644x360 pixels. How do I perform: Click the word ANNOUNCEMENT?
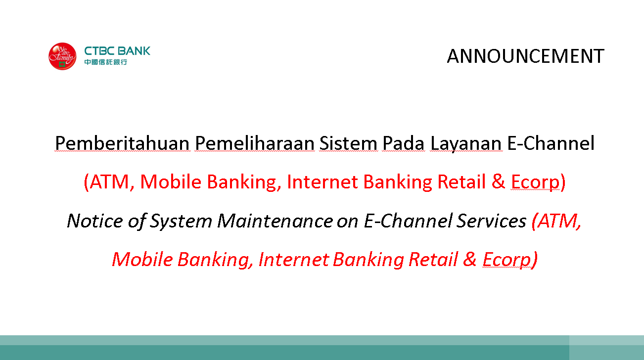coord(526,56)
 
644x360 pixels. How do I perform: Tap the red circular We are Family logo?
coord(62,56)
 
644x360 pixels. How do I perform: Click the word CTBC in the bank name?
coord(99,51)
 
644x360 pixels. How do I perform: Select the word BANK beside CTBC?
coord(134,51)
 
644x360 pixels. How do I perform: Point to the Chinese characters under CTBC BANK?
coord(105,62)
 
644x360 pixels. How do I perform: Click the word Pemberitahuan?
coord(122,143)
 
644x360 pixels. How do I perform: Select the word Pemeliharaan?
coord(254,143)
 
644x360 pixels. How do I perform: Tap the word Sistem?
coord(348,143)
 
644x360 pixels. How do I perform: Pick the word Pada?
coord(403,143)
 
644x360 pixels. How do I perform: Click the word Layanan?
coord(466,144)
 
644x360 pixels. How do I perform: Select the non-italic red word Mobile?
coord(171,181)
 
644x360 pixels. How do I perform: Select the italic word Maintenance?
coord(275,221)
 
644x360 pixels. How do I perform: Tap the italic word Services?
coord(491,221)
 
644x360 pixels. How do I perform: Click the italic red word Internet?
coord(293,260)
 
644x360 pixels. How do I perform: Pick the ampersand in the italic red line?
coord(470,259)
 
